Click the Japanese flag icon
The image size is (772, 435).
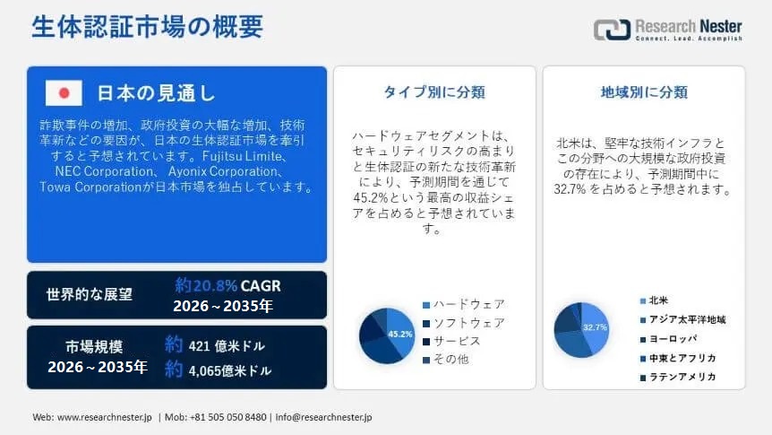tap(64, 92)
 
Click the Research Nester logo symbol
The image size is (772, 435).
tap(612, 30)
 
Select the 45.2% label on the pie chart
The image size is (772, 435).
tap(399, 334)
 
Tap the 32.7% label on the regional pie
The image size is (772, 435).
tap(595, 327)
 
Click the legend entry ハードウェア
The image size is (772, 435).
tap(464, 304)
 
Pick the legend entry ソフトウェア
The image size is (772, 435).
tap(464, 323)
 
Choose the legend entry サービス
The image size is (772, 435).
tap(451, 342)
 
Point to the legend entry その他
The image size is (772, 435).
tap(446, 360)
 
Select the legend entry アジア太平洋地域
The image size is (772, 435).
tap(682, 319)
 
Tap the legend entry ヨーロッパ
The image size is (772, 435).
tap(669, 339)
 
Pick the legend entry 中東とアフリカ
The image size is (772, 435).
tap(678, 358)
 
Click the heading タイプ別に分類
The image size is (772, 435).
tap(434, 92)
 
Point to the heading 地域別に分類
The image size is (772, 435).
tap(644, 92)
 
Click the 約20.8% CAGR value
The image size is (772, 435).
tap(227, 285)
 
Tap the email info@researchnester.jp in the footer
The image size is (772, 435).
tap(323, 417)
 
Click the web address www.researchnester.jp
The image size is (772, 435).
tap(105, 417)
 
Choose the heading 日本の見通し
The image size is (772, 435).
tap(156, 92)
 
